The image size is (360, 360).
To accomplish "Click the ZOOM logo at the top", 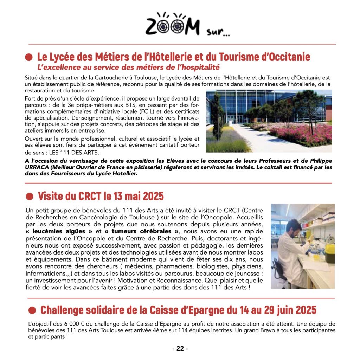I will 172,26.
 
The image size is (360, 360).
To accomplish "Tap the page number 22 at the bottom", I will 180,349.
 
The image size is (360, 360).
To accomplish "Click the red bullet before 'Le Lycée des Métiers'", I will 30,57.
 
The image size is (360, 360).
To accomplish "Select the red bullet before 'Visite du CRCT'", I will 30,196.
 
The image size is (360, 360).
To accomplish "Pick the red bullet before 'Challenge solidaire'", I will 32,310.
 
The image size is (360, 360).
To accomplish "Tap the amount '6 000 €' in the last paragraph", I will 72,324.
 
